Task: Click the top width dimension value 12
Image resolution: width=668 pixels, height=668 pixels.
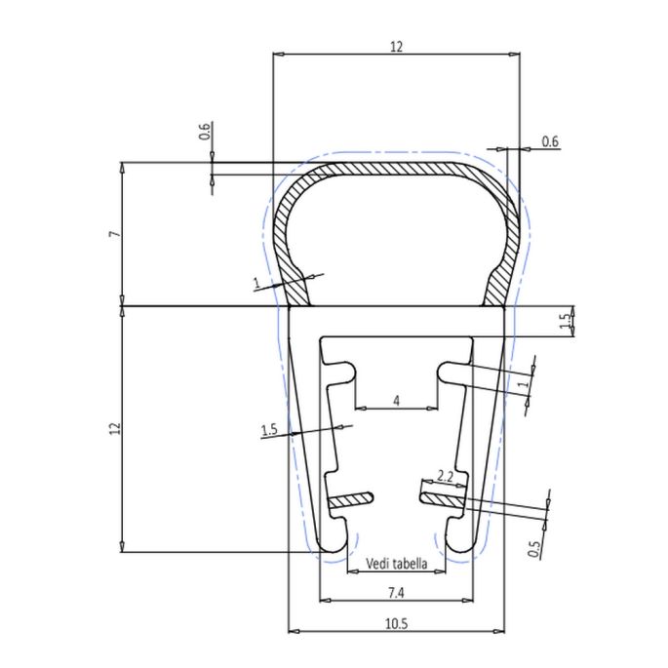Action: coord(396,46)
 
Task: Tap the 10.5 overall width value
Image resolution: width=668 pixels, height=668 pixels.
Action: coord(395,622)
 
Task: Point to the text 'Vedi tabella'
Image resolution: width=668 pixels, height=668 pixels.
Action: coord(395,563)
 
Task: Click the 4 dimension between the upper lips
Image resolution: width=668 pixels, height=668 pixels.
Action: coord(395,401)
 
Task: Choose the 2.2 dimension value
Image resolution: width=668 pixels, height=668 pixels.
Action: coord(445,476)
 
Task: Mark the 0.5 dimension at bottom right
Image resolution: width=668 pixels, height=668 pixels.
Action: coord(533,550)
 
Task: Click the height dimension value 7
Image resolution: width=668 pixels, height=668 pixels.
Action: coord(113,234)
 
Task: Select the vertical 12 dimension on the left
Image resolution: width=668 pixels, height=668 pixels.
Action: coord(113,429)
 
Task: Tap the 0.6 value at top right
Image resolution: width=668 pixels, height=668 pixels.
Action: coord(549,142)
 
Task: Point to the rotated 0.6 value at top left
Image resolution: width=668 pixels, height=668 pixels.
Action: coord(204,132)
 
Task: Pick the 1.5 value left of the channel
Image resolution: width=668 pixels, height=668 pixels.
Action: coord(270,429)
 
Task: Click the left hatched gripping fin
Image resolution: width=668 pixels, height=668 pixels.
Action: coord(351,499)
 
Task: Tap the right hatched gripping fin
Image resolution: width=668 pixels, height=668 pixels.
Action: coord(441,498)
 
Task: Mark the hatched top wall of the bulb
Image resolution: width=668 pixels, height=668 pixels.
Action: coord(395,169)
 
